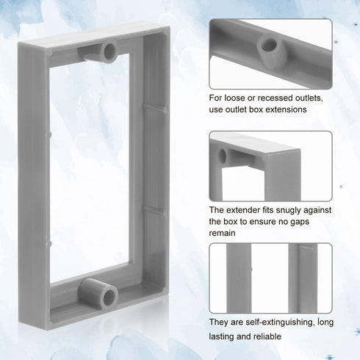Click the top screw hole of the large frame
click(109, 50)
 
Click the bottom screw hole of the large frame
click(109, 297)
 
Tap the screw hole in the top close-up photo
click(269, 45)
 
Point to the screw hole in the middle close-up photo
click(223, 155)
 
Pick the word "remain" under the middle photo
click(222, 233)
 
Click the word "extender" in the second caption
click(243, 210)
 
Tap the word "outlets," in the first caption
click(309, 98)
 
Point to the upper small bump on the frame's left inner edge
click(49, 134)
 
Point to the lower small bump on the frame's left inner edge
click(49, 244)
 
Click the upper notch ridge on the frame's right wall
click(155, 108)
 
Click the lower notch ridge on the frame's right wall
click(155, 211)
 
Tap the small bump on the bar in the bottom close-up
click(251, 270)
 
